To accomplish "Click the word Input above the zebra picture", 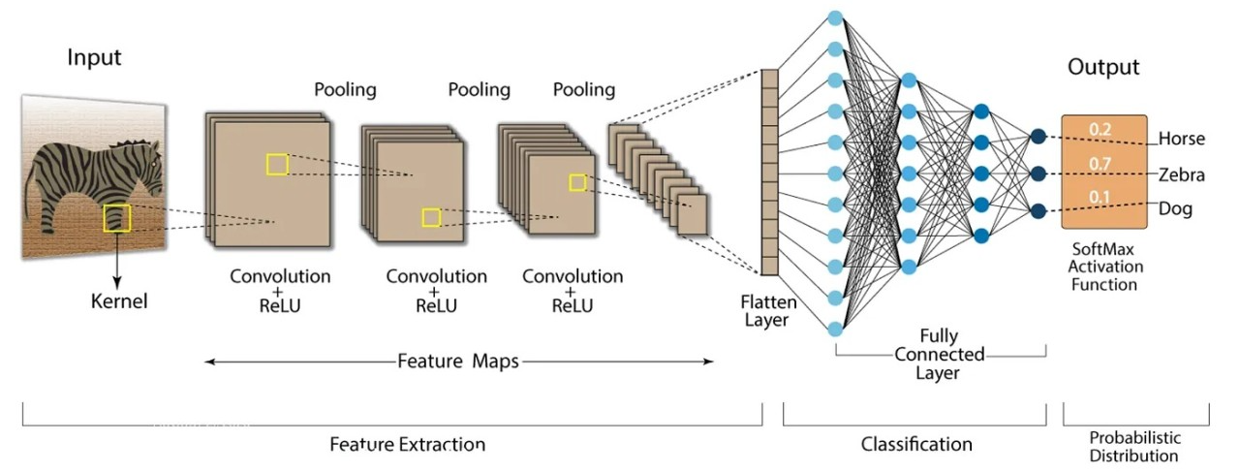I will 94,57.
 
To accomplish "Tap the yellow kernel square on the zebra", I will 117,218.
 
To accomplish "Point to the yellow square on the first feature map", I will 277,164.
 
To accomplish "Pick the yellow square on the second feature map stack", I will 431,217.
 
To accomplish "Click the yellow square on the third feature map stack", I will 577,182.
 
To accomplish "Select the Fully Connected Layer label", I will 939,354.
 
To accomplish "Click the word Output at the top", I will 1103,67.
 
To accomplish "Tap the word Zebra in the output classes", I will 1182,174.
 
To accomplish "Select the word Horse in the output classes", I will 1182,139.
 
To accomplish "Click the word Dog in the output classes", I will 1176,209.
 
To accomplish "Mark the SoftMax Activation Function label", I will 1104,267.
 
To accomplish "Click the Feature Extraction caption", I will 407,445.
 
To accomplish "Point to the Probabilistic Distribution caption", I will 1133,446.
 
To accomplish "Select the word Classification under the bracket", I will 916,445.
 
